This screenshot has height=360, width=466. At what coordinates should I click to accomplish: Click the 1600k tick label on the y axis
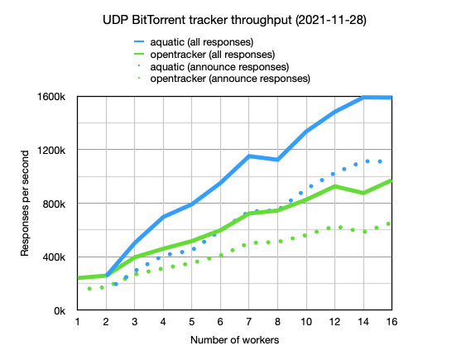[x=51, y=97]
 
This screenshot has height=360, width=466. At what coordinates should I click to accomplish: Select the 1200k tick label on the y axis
[x=51, y=150]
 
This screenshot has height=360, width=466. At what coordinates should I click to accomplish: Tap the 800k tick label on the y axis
[x=54, y=204]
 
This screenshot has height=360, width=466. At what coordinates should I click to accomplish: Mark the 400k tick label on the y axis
[x=54, y=257]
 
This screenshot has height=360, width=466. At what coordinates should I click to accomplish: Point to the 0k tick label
[x=60, y=310]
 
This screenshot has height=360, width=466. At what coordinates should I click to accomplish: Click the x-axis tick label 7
[x=249, y=321]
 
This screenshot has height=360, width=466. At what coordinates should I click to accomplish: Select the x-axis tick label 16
[x=392, y=321]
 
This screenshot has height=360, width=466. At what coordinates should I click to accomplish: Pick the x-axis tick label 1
[x=77, y=321]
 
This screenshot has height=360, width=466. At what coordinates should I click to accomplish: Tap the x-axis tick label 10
[x=306, y=321]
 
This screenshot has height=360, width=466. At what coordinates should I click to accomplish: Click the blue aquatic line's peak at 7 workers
[x=249, y=156]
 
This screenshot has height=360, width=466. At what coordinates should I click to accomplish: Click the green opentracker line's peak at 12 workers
[x=334, y=186]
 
